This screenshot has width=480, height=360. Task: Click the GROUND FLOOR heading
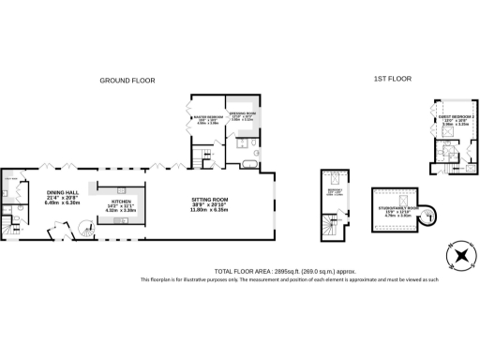pyautogui.click(x=127, y=82)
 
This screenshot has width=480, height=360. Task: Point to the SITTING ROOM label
pyautogui.click(x=210, y=200)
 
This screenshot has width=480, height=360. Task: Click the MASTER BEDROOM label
pyautogui.click(x=208, y=117)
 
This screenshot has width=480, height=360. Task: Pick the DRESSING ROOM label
pyautogui.click(x=242, y=112)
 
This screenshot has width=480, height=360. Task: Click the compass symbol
pyautogui.click(x=459, y=256)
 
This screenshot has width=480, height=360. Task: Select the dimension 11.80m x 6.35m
pyautogui.click(x=210, y=211)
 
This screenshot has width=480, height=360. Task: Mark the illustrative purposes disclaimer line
pyautogui.click(x=291, y=279)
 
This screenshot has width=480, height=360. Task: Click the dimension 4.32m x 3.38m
pyautogui.click(x=121, y=211)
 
